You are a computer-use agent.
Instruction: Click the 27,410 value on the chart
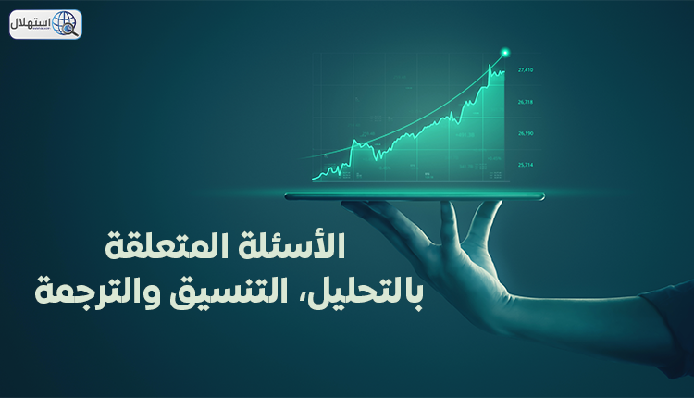526,69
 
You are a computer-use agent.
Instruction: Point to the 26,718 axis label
526,102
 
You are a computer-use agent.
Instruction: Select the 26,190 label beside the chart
526,133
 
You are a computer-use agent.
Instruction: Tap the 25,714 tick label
526,165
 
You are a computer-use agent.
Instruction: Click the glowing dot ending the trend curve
504,52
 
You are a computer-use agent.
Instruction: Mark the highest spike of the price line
490,64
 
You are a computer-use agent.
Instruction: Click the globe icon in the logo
66,23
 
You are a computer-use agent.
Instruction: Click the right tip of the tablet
543,195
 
